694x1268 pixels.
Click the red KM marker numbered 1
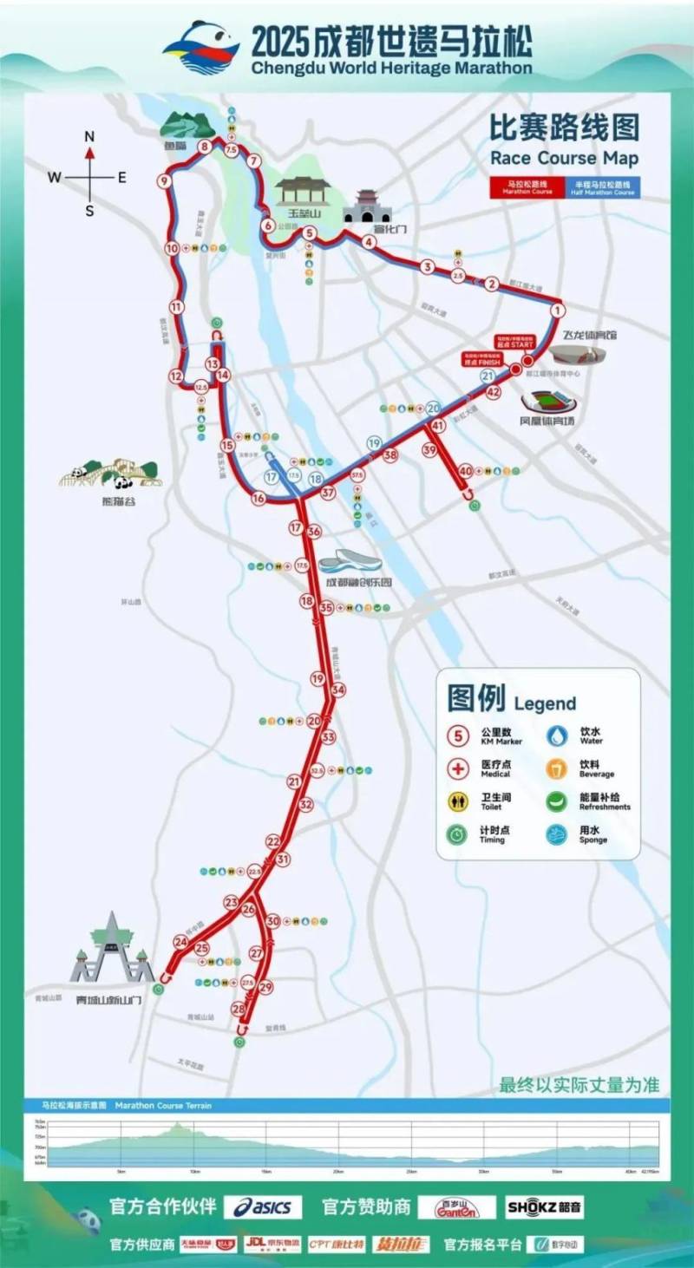[x=558, y=309]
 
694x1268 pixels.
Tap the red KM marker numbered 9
[x=163, y=181]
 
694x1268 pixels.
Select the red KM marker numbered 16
[x=258, y=498]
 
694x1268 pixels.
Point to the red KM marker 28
[x=239, y=1008]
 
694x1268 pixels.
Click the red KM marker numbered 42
[x=494, y=392]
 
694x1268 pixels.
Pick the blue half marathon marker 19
[x=374, y=443]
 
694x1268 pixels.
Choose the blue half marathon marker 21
[x=488, y=376]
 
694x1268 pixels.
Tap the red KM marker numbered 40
[x=466, y=470]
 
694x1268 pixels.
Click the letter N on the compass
[x=89, y=136]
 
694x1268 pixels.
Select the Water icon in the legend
[x=557, y=735]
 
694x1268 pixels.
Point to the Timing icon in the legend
[x=458, y=833]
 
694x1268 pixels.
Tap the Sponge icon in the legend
[x=557, y=833]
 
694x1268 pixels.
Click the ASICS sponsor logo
[x=263, y=1207]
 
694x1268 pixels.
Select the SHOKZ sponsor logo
[x=545, y=1207]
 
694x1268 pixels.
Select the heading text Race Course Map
[x=564, y=159]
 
